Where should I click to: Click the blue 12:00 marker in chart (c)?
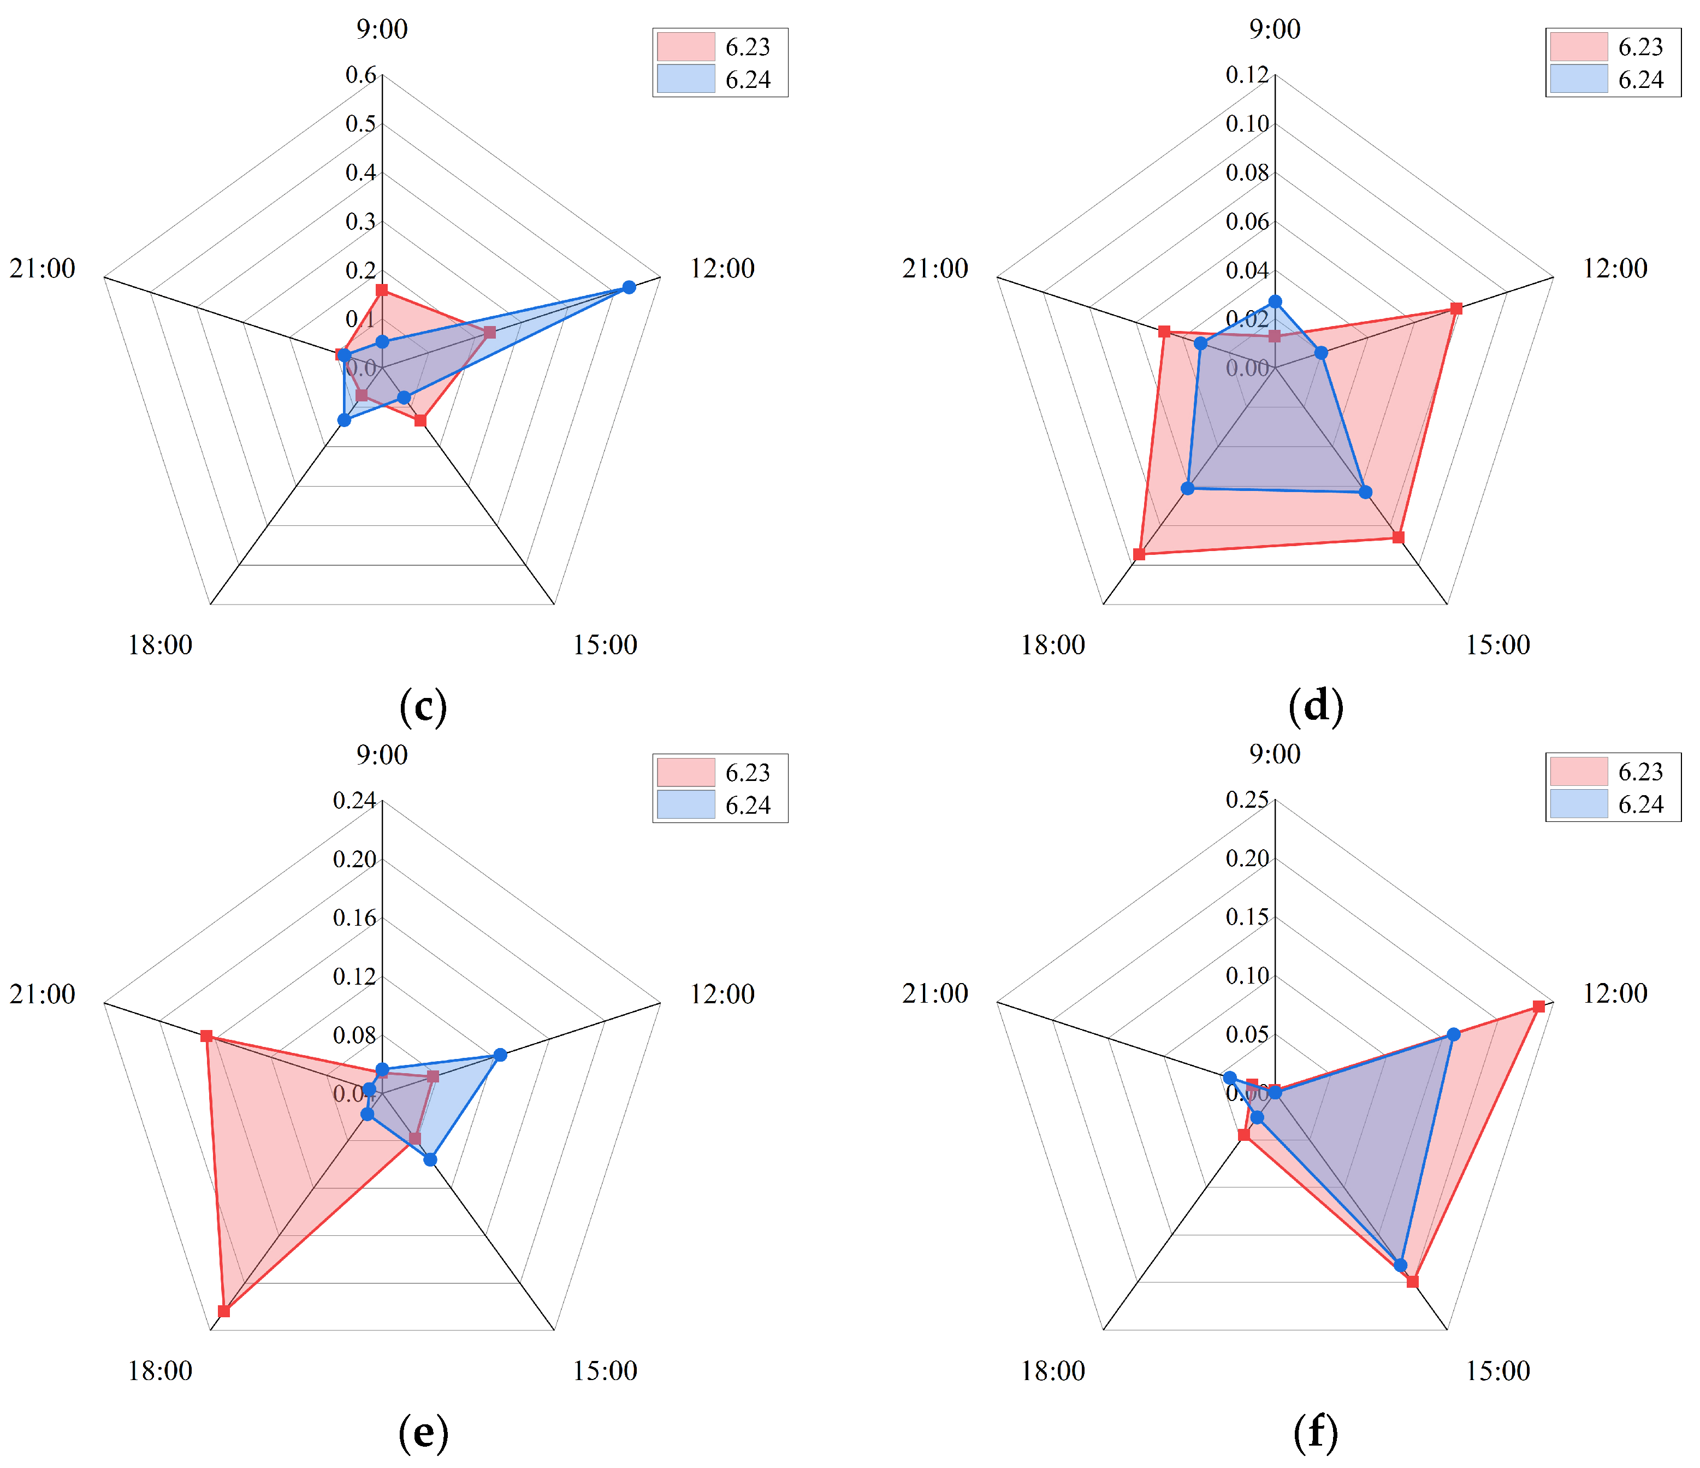pyautogui.click(x=629, y=287)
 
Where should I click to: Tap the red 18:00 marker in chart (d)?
pyautogui.click(x=1139, y=555)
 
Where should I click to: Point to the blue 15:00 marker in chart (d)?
pyautogui.click(x=1365, y=493)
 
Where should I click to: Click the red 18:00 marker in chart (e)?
pyautogui.click(x=224, y=1311)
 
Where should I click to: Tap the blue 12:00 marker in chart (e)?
pyautogui.click(x=500, y=1055)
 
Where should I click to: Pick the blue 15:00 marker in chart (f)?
pyautogui.click(x=1401, y=1265)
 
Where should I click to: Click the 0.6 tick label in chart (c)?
pyautogui.click(x=360, y=75)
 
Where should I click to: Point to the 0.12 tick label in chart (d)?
pyautogui.click(x=1247, y=75)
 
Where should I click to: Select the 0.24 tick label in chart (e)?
pyautogui.click(x=354, y=801)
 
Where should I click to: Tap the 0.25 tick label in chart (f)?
pyautogui.click(x=1247, y=800)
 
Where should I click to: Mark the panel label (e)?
pyautogui.click(x=423, y=1432)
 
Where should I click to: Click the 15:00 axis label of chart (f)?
pyautogui.click(x=1498, y=1370)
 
